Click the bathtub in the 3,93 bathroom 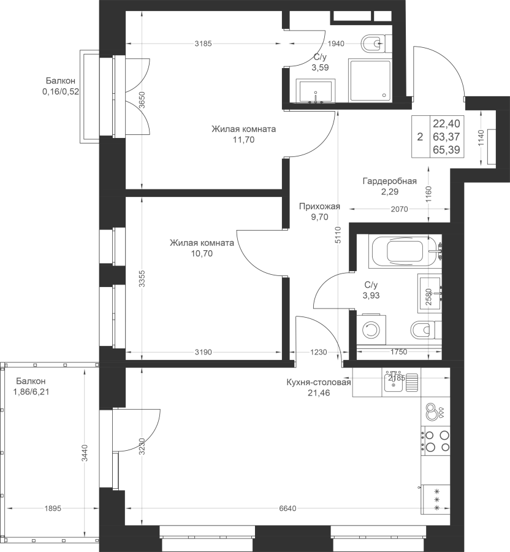[x=405, y=251]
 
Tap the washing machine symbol [x=371, y=329]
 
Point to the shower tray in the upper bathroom [x=370, y=80]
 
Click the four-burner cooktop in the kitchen [x=435, y=441]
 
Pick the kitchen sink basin [x=394, y=382]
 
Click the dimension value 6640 [x=287, y=508]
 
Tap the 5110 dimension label [x=338, y=236]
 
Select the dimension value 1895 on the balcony [x=53, y=508]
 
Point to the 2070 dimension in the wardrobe [x=399, y=209]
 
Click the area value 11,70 [x=243, y=140]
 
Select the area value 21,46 [x=319, y=393]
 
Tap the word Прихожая [x=319, y=206]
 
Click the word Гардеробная [x=390, y=181]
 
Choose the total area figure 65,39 [x=446, y=150]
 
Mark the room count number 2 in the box [x=420, y=137]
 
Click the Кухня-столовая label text [x=319, y=382]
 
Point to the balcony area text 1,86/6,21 [x=31, y=391]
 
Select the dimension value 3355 [x=142, y=279]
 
